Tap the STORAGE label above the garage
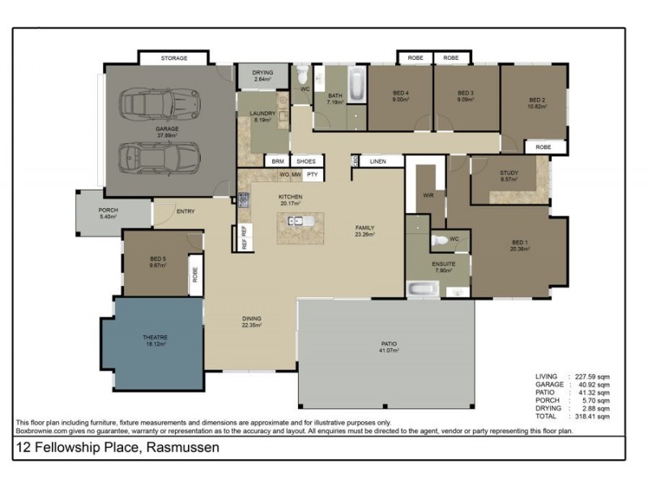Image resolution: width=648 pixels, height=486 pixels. [173, 58]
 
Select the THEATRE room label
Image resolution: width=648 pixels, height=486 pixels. [155, 337]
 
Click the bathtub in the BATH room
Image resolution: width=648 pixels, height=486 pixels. [356, 86]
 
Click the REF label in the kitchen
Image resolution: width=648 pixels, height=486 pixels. [243, 236]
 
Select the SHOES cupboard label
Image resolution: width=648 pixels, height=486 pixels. [305, 161]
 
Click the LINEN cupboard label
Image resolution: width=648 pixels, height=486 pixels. [377, 162]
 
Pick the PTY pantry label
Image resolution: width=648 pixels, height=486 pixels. [312, 174]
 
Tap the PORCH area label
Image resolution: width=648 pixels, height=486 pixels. [109, 211]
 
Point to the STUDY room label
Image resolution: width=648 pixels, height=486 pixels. [509, 173]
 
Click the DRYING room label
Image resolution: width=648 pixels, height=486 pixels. [263, 73]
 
